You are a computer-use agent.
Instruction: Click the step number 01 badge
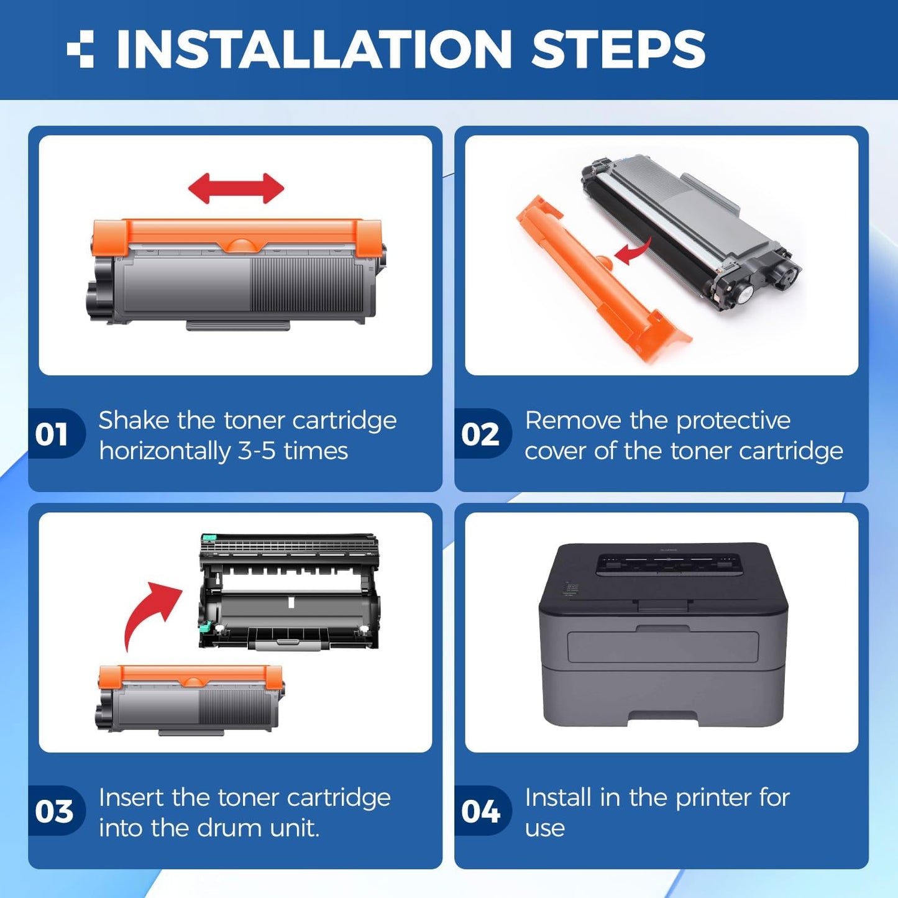52,434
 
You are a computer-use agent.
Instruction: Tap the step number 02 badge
480,434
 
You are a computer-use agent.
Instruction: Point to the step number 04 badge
480,812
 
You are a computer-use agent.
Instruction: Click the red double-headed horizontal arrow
236,188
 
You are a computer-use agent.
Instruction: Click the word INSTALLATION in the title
313,49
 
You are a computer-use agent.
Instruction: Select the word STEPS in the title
618,49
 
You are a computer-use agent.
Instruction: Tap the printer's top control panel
669,564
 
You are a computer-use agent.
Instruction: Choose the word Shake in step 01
134,421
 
